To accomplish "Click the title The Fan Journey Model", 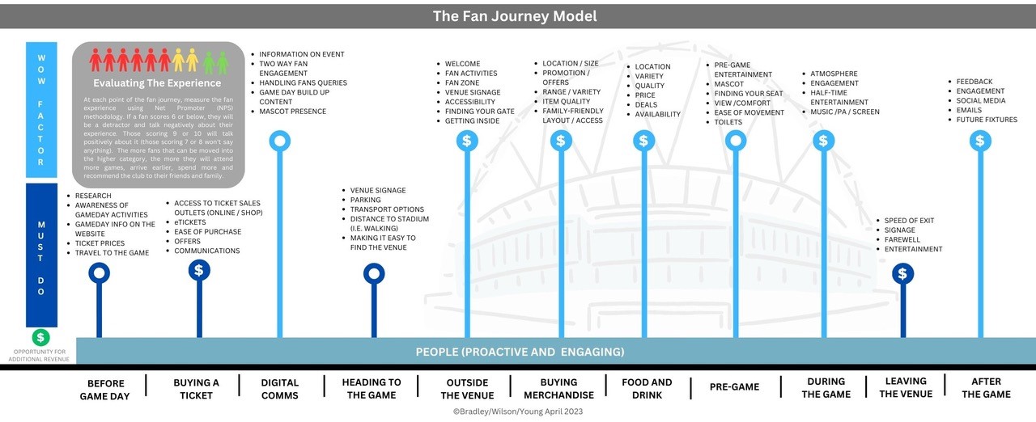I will point(515,16).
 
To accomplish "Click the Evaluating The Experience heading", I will point(157,82).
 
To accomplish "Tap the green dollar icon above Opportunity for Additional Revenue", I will point(40,337).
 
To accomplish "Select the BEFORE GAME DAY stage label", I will point(105,388).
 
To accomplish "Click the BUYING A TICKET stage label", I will point(197,388).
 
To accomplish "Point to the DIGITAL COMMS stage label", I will point(280,388).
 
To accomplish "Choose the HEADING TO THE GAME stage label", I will point(372,388).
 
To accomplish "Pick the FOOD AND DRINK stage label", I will point(647,388).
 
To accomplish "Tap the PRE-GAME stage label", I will point(734,386).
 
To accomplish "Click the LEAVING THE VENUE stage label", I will point(906,387).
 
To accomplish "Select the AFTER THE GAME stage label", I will point(986,387).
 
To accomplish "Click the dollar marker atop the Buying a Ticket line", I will point(199,270).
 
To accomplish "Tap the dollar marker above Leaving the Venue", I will point(902,273).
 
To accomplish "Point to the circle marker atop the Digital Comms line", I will point(280,141).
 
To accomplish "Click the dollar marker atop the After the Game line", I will point(980,141).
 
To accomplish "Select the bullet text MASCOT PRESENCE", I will point(292,112).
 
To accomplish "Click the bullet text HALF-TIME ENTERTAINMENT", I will point(839,98).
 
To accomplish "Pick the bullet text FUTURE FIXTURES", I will point(987,120).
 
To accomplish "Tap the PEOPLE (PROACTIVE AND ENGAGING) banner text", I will point(520,352).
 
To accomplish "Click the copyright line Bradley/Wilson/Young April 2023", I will point(517,411).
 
